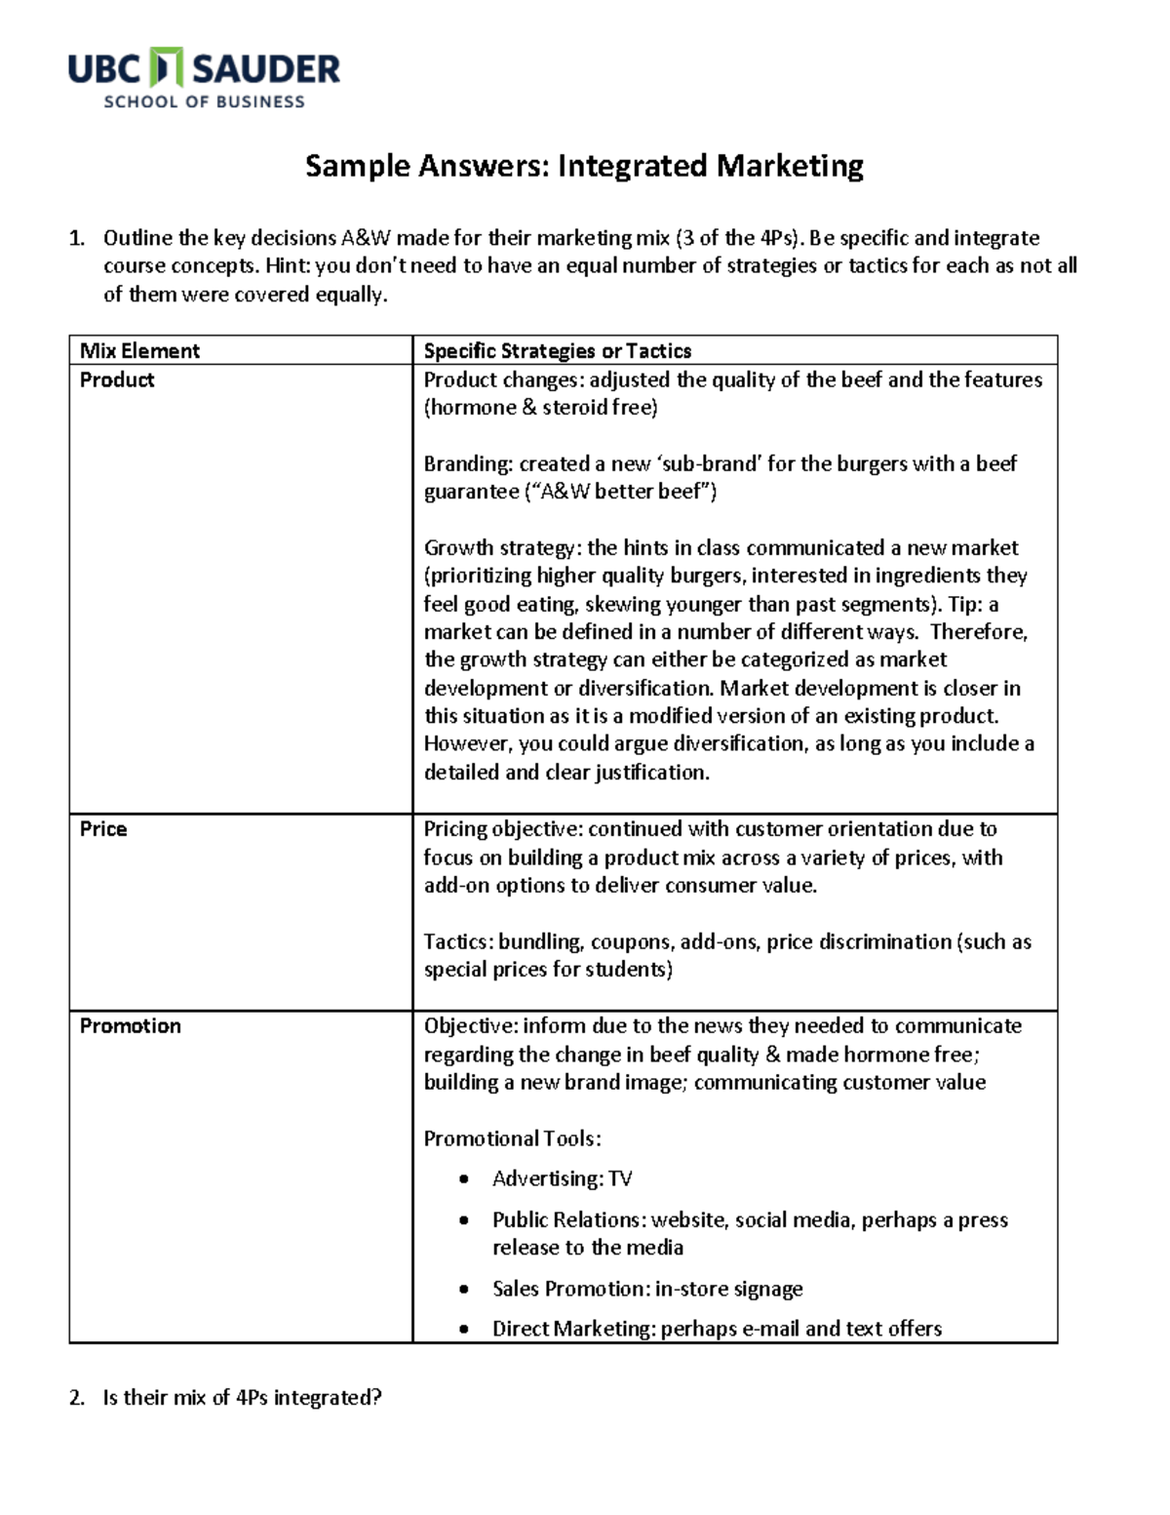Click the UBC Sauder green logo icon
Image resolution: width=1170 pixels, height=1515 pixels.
(x=169, y=69)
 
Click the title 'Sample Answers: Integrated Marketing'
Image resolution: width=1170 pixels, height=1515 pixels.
(x=584, y=166)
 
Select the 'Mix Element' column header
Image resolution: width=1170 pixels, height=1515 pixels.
(x=139, y=351)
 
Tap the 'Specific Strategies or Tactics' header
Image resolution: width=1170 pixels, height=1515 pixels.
(x=557, y=351)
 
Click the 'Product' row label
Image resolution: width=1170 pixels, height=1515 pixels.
(x=117, y=380)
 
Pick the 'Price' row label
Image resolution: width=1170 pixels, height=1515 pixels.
(x=103, y=829)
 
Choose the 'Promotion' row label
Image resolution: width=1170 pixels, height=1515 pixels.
(x=130, y=1026)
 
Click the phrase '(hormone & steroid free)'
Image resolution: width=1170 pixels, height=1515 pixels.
(x=540, y=408)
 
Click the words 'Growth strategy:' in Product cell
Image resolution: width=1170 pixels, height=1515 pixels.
(x=502, y=548)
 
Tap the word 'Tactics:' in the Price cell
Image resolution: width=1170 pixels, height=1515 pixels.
(x=459, y=942)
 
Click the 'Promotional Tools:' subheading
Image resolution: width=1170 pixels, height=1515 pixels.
(x=512, y=1139)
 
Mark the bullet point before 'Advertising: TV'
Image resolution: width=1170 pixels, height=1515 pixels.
(x=464, y=1179)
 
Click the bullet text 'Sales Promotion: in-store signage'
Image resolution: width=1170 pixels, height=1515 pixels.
(x=646, y=1289)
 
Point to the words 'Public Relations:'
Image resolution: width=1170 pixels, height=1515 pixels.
(x=568, y=1220)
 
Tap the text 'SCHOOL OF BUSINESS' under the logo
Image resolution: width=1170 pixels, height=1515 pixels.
(x=205, y=101)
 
